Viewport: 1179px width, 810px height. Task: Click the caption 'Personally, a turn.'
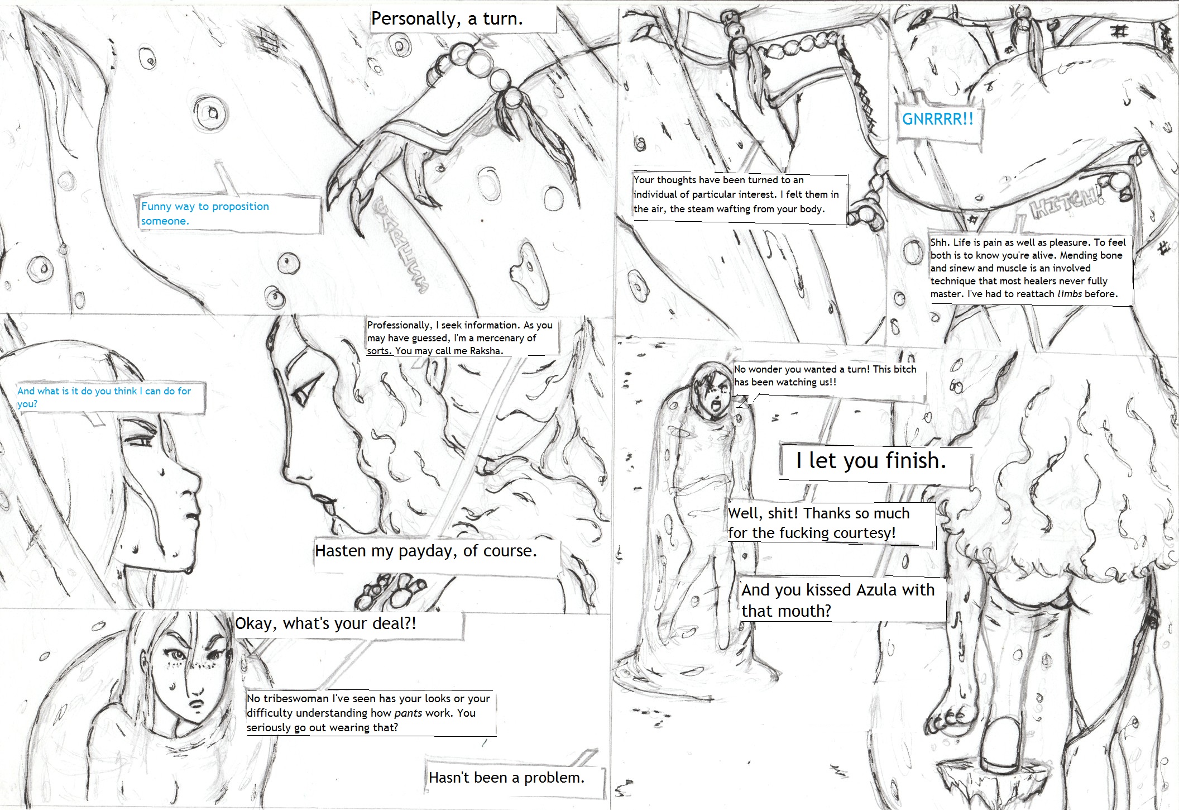pyautogui.click(x=447, y=19)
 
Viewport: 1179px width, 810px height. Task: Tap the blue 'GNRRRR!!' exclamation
pyautogui.click(x=938, y=119)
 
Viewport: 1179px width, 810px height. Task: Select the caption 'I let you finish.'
pyautogui.click(x=871, y=460)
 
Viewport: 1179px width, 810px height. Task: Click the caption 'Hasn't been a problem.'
pyautogui.click(x=506, y=778)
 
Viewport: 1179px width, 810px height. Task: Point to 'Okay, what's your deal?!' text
pyautogui.click(x=325, y=623)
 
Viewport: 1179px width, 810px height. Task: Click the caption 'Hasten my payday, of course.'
pyautogui.click(x=426, y=551)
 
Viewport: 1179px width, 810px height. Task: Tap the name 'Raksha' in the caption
pyautogui.click(x=486, y=351)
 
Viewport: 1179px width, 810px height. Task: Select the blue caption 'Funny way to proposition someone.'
pyautogui.click(x=205, y=213)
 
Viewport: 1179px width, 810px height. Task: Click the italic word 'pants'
pyautogui.click(x=408, y=713)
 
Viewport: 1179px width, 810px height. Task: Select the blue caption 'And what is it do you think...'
pyautogui.click(x=104, y=397)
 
